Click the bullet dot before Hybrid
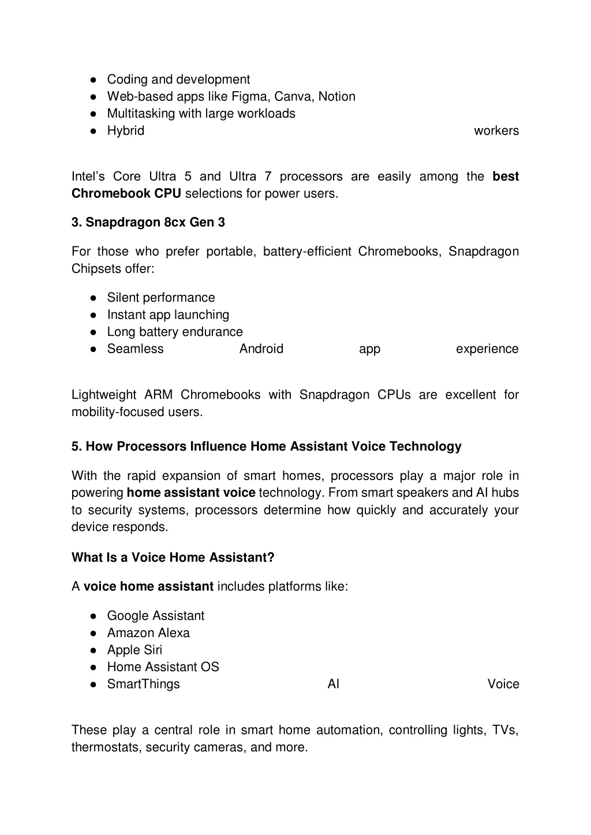point(93,131)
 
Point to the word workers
point(496,131)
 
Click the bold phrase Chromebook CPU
point(126,193)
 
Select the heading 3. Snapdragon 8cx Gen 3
point(148,222)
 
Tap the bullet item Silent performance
point(161,298)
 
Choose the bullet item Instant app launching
point(168,315)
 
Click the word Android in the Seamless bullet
point(261,349)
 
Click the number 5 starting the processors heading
point(75,447)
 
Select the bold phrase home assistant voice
point(191,493)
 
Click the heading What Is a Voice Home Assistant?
point(173,557)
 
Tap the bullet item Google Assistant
point(156,616)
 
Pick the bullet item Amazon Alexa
point(148,633)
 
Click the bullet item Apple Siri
point(134,650)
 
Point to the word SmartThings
point(144,684)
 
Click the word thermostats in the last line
point(106,747)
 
